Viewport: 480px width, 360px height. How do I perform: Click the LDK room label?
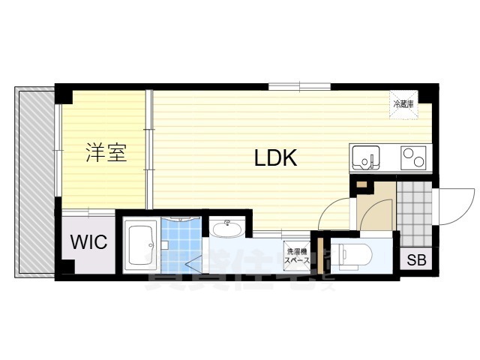click(x=276, y=158)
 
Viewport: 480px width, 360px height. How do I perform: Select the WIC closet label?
click(x=88, y=242)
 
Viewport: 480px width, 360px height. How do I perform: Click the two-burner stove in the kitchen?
click(x=413, y=157)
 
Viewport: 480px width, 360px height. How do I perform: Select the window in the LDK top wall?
click(x=284, y=85)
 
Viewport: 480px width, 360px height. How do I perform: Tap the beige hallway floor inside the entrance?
click(x=374, y=206)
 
